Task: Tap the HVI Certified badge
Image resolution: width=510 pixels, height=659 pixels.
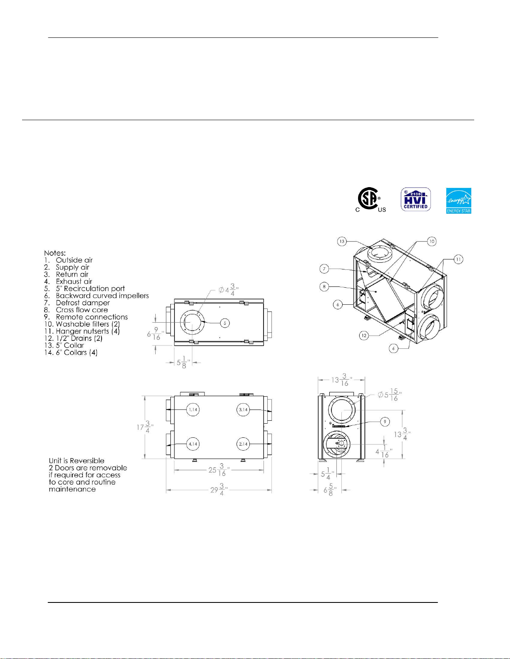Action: (x=415, y=200)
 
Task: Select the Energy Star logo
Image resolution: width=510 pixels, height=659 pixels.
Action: (x=458, y=200)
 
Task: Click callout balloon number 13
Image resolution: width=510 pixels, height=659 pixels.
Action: (x=342, y=242)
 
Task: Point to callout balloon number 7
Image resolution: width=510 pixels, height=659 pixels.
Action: (x=324, y=269)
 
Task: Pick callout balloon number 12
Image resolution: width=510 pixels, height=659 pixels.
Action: (x=364, y=336)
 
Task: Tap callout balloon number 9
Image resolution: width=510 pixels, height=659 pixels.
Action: (x=385, y=422)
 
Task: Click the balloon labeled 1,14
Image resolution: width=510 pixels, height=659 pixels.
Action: (x=193, y=410)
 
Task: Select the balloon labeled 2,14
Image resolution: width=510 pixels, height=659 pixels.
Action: (x=243, y=444)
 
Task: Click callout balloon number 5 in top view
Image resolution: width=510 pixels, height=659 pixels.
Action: (x=225, y=323)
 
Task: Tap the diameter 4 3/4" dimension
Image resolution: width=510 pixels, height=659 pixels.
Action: (x=229, y=290)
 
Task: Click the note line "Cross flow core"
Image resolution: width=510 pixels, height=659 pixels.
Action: (x=82, y=310)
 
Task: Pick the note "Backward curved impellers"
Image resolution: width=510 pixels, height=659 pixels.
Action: (x=102, y=296)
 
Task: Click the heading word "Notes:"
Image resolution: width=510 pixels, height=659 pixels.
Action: (x=55, y=253)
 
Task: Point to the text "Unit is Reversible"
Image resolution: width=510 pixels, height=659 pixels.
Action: (x=77, y=461)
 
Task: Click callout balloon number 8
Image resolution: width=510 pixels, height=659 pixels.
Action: (x=324, y=286)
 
